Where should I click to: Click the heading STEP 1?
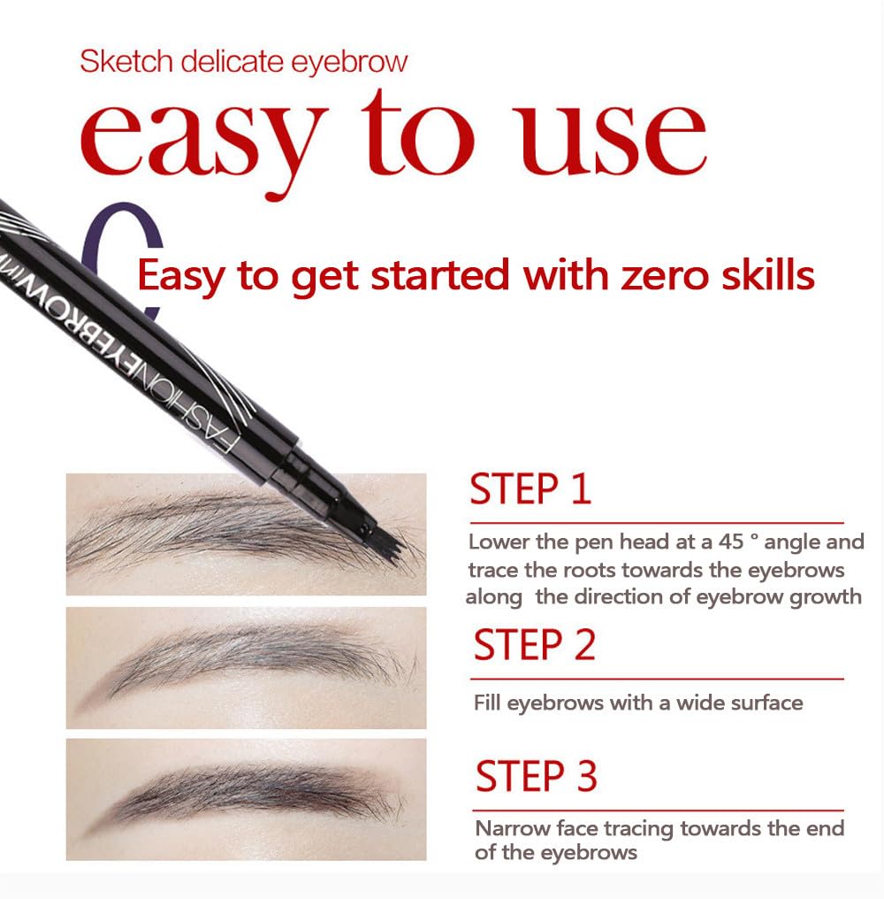pos(530,489)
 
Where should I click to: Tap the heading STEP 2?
pos(535,645)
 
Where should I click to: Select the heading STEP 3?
pos(537,776)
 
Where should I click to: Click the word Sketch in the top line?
pos(126,61)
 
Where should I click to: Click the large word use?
pos(612,141)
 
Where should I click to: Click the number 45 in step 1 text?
pos(732,542)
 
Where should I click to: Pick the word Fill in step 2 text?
pos(487,703)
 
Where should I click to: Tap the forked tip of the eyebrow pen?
pos(380,540)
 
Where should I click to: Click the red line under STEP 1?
pos(657,523)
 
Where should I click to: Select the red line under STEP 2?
pos(657,679)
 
